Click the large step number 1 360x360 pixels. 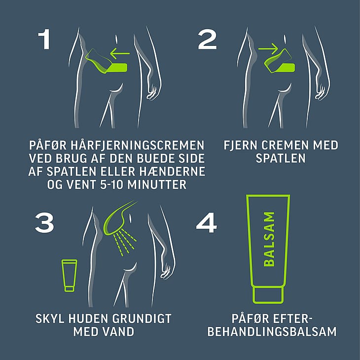click(44, 39)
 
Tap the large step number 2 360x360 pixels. click(207, 39)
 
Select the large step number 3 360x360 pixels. click(44, 223)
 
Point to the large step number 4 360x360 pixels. click(207, 223)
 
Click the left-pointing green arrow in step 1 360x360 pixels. click(120, 53)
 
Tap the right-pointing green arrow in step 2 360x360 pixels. click(268, 49)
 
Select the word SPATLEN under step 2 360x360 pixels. click(281, 158)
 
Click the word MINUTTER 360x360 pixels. click(157, 184)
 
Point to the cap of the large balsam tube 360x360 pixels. click(268, 295)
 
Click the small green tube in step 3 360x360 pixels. click(70, 275)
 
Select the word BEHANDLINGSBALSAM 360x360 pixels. click(272, 332)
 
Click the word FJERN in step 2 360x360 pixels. click(240, 145)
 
